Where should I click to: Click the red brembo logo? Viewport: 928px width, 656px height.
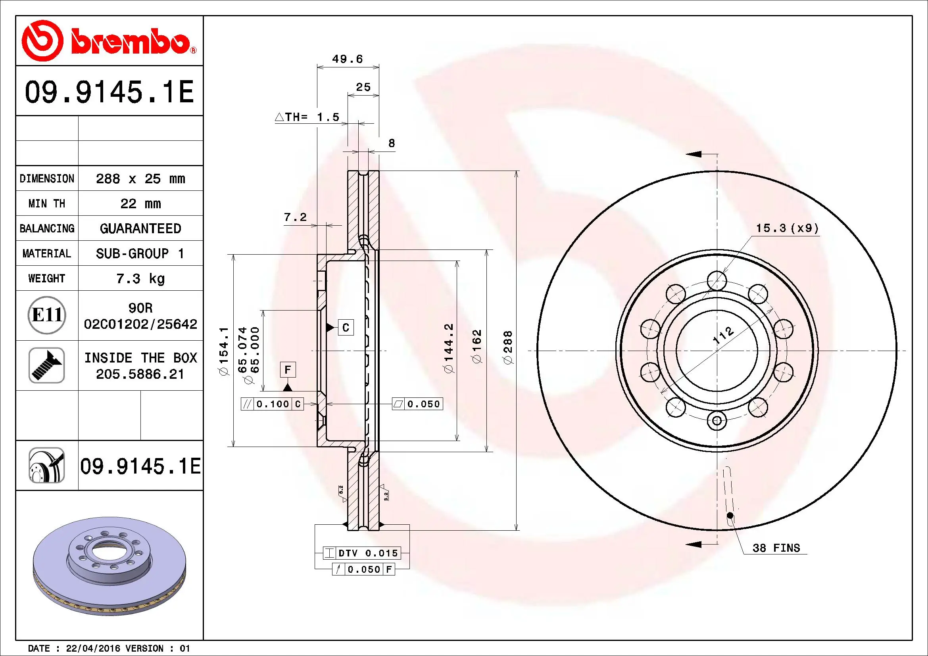(108, 40)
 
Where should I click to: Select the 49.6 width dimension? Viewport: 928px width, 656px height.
(347, 59)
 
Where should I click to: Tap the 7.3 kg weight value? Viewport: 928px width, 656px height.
(140, 278)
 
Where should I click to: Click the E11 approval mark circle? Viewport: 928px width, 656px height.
(47, 315)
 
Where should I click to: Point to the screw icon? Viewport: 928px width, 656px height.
(47, 365)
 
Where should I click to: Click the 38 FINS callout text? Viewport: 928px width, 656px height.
(776, 548)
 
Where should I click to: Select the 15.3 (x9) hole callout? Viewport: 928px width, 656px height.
(787, 228)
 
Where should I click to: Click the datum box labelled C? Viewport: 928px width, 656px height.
(346, 327)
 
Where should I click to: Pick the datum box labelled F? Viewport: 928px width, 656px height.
(288, 370)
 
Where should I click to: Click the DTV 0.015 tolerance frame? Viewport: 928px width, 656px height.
(362, 553)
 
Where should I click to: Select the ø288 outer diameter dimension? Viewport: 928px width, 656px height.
(508, 347)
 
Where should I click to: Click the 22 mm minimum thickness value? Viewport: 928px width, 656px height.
(140, 203)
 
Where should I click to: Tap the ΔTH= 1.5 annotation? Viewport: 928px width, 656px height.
(307, 117)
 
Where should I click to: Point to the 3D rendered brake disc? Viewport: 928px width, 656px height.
(109, 566)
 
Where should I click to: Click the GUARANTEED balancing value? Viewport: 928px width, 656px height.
(140, 228)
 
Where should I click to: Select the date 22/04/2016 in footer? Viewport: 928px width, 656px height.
(92, 648)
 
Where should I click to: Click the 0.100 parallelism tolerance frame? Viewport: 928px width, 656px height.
(272, 404)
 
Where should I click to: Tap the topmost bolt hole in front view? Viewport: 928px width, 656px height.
(717, 280)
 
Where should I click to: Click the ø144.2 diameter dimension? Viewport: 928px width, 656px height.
(449, 348)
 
